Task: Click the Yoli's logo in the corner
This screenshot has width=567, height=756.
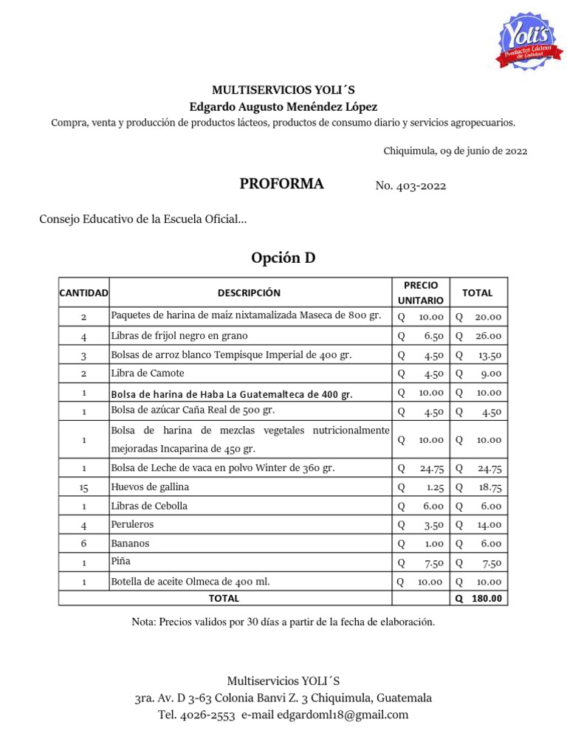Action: (526, 42)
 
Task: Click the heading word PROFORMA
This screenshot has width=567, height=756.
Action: (281, 185)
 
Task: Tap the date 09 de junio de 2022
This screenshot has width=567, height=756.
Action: (482, 151)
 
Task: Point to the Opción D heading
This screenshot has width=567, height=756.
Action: (283, 258)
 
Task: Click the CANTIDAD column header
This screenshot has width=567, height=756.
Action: (83, 293)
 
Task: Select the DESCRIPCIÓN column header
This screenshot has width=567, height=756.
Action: (249, 293)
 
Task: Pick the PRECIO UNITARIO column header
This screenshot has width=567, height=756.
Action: (421, 293)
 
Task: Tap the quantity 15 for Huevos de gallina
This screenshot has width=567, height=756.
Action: (84, 487)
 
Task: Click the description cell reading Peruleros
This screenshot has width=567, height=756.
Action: (132, 525)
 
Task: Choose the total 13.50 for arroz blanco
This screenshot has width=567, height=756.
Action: (489, 355)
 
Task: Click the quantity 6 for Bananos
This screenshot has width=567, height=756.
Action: (84, 543)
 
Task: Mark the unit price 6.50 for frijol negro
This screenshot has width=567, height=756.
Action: (433, 336)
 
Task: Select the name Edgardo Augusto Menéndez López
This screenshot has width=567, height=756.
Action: (283, 106)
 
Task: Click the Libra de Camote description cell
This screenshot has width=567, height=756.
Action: (147, 374)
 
